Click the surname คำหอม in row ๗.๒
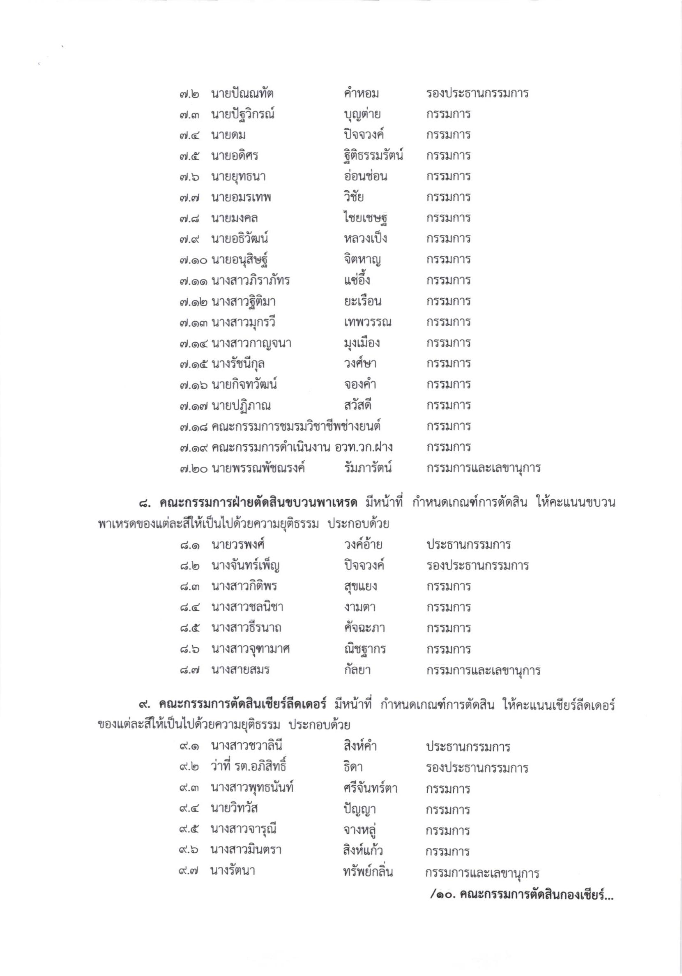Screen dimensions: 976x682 (361, 93)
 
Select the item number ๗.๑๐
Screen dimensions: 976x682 (193, 260)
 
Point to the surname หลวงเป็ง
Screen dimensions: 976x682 (365, 239)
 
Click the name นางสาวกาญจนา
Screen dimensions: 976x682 (251, 343)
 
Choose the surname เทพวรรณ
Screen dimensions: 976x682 (368, 322)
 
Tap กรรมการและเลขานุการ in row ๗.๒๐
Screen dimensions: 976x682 (484, 468)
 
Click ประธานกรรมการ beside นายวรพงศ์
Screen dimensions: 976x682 (469, 545)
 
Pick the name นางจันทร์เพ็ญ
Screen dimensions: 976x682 (245, 566)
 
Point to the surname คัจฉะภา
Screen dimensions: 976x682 (364, 628)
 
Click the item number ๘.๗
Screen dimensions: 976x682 (189, 670)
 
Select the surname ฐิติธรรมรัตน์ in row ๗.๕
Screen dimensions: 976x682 (373, 156)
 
